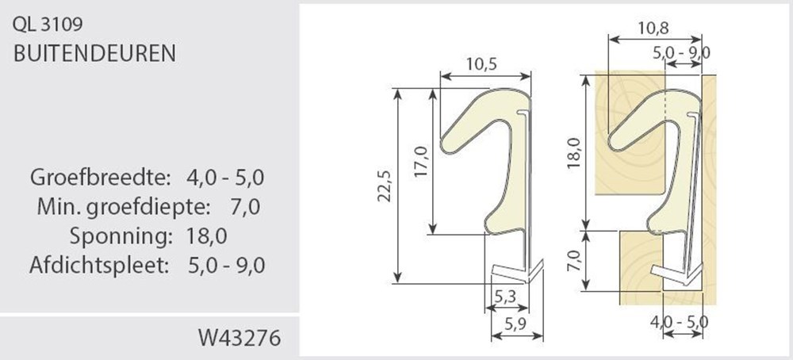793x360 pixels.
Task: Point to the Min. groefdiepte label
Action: [123, 207]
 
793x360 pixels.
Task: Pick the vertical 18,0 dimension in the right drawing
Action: [573, 151]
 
